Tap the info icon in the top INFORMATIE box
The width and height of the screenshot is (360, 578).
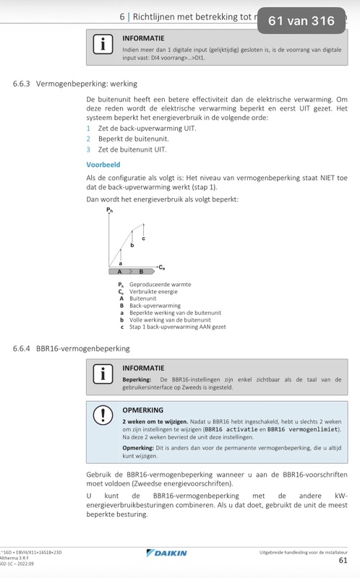103,44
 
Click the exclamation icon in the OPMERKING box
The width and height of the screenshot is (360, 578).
103,416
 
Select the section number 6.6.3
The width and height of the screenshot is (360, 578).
26,84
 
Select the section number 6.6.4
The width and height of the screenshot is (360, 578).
26,348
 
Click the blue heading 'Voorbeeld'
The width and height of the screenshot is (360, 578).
103,165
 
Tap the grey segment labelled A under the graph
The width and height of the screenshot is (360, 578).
120,272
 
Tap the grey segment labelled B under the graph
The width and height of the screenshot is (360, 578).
142,272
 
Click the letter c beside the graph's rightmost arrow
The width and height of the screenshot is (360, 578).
143,238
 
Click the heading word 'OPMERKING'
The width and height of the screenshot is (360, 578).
144,408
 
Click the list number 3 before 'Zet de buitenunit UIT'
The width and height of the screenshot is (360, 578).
88,149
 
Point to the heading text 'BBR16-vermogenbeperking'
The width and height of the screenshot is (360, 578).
84,348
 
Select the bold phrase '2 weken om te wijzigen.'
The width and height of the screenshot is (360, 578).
151,420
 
